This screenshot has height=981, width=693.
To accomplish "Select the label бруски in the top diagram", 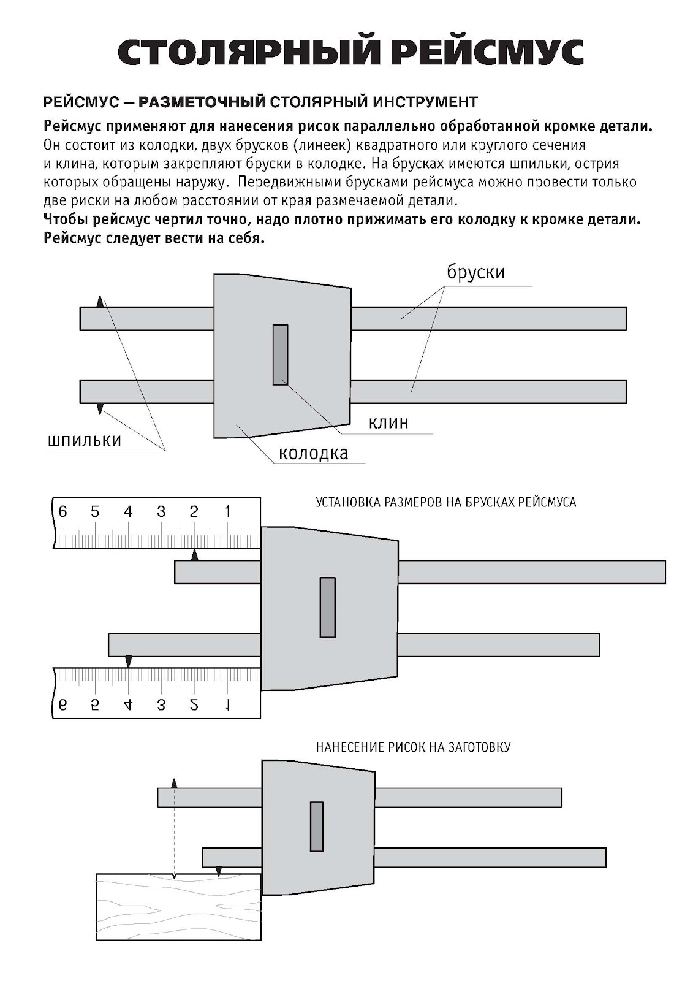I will (475, 272).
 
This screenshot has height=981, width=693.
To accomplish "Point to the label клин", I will (388, 422).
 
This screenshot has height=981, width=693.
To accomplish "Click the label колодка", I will (313, 453).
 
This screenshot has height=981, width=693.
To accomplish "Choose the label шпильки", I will (84, 440).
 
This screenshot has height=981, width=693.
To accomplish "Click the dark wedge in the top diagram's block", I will (280, 355).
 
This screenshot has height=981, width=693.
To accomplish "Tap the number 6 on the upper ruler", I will (62, 511).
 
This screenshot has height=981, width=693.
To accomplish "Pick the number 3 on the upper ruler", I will (161, 511).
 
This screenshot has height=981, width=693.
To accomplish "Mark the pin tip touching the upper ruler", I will (195, 555).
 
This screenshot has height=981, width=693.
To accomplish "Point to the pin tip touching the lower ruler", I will (128, 662).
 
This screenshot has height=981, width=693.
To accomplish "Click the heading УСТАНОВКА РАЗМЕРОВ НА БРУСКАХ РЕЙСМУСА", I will (445, 503).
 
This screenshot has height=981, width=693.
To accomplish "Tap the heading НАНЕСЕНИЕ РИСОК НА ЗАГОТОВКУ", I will (413, 747).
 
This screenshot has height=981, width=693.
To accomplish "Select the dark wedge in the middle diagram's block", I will (327, 608).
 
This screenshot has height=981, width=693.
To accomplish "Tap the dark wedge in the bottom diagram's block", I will (316, 826).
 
